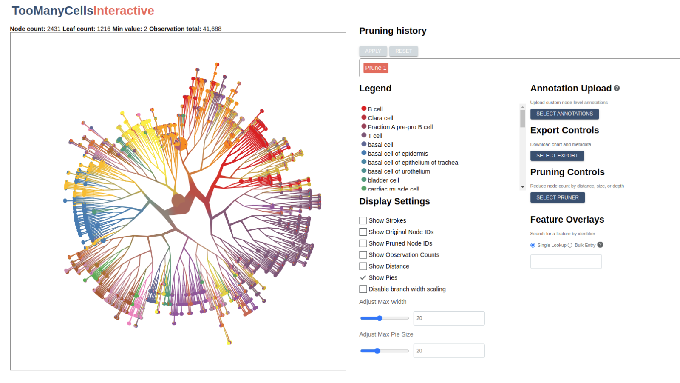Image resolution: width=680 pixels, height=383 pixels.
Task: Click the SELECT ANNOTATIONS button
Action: (x=564, y=114)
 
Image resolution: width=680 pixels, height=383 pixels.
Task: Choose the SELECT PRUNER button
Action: (x=557, y=197)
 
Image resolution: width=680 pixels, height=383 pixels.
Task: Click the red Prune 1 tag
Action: (x=376, y=68)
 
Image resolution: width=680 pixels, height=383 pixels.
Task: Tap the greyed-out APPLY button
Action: (x=373, y=51)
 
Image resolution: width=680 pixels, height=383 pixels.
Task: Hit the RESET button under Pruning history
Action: (x=403, y=51)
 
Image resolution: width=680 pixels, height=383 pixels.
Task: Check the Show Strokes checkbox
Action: (x=363, y=220)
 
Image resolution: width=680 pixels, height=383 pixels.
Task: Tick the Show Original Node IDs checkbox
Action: (x=363, y=232)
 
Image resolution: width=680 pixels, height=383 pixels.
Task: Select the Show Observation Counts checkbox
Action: (x=363, y=255)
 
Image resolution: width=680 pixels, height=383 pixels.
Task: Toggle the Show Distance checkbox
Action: (x=363, y=266)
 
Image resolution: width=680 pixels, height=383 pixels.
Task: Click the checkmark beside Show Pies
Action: (x=363, y=277)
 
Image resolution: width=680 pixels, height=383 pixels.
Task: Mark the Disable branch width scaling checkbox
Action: (x=363, y=289)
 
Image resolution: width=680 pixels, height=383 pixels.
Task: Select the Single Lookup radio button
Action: (x=533, y=245)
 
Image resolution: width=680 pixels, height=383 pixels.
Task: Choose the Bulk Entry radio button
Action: (x=570, y=245)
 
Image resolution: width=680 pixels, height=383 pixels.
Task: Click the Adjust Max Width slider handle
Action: (x=380, y=318)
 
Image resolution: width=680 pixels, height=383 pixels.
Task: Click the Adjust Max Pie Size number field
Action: (x=449, y=351)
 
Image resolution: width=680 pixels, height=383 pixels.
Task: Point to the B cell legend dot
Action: (x=364, y=109)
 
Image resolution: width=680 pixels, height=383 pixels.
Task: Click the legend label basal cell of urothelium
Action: (x=399, y=171)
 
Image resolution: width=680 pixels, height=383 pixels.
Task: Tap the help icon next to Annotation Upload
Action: (x=617, y=88)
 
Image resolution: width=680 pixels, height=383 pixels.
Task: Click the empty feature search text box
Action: (x=566, y=262)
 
